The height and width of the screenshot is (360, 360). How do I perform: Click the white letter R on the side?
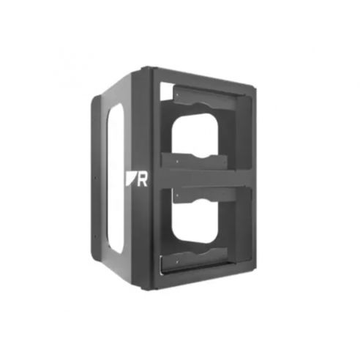(142, 180)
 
